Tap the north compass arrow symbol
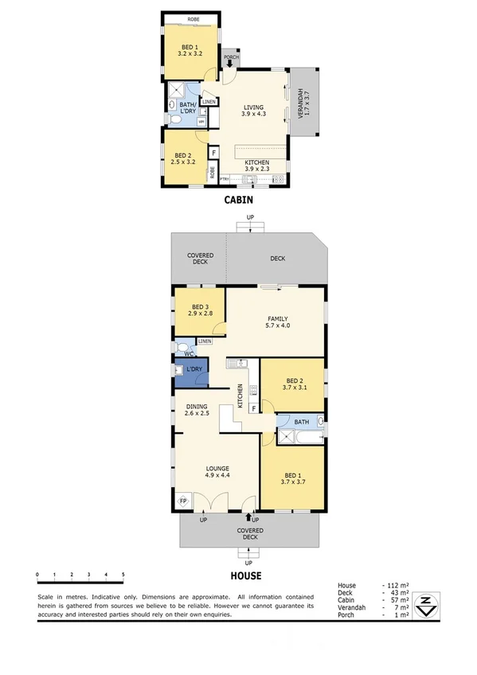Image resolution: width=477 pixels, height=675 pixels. [427, 605]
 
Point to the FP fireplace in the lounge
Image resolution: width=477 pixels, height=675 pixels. [182, 501]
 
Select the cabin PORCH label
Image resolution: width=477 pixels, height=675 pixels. [231, 57]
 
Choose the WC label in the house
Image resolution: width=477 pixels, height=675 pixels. [178, 353]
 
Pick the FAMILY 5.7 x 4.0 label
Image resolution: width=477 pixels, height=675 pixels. [277, 322]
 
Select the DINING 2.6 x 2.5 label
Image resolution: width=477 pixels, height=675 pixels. [196, 410]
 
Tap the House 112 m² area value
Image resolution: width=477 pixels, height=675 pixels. [395, 585]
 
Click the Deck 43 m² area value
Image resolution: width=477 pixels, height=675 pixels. [395, 593]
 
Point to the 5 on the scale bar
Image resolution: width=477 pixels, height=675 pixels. [123, 574]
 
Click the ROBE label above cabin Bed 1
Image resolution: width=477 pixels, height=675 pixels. [193, 19]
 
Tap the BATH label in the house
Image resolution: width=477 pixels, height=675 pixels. [301, 422]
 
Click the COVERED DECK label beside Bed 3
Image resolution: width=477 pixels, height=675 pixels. [200, 259]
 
